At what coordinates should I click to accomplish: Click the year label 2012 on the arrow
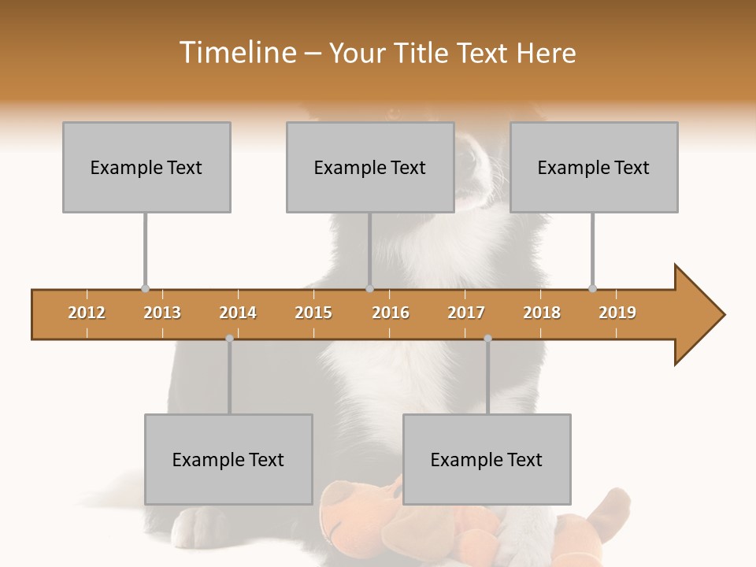[x=87, y=313]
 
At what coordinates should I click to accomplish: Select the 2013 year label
[x=162, y=313]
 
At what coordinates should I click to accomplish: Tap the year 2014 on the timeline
[x=238, y=313]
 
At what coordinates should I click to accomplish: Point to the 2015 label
[x=313, y=313]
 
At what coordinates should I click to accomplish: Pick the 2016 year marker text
[x=391, y=313]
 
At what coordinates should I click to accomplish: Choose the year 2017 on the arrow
[x=466, y=313]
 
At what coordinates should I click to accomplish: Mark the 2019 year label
[x=617, y=313]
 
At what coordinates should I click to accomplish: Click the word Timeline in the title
[x=237, y=53]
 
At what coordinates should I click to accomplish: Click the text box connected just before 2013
[x=146, y=167]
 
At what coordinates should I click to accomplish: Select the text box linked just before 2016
[x=370, y=167]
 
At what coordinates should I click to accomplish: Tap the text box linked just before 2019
[x=594, y=167]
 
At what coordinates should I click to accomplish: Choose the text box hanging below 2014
[x=228, y=459]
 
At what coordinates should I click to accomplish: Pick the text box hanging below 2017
[x=487, y=459]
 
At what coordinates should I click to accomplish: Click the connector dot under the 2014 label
[x=229, y=338]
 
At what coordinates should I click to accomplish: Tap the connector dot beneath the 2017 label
[x=487, y=338]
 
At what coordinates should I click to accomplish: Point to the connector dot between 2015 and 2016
[x=369, y=288]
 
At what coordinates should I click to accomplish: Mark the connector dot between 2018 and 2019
[x=592, y=288]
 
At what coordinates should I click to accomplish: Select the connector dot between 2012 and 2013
[x=145, y=288]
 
